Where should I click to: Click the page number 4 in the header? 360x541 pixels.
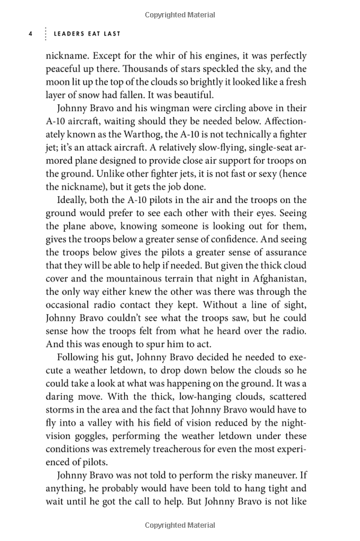pyautogui.click(x=30, y=34)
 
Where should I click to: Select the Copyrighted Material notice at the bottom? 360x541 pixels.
pyautogui.click(x=180, y=526)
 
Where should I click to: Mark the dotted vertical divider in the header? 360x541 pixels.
pyautogui.click(x=44, y=34)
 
